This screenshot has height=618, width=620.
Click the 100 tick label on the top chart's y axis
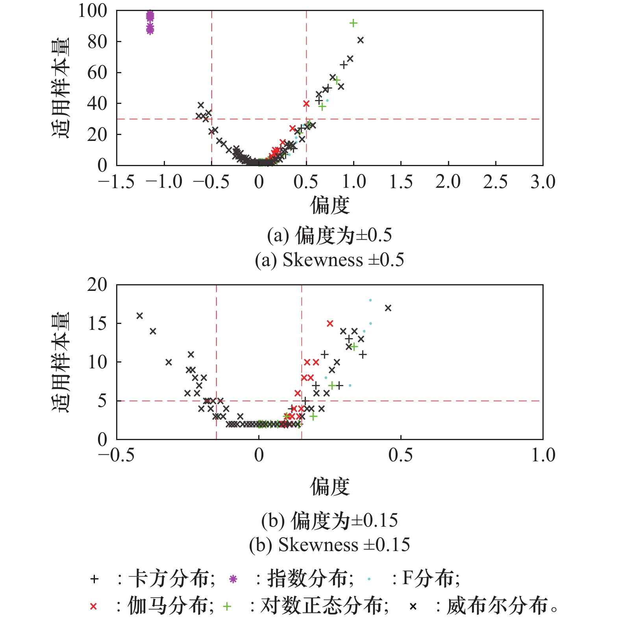pyautogui.click(x=93, y=11)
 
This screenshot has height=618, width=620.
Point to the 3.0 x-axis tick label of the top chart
pyautogui.click(x=542, y=182)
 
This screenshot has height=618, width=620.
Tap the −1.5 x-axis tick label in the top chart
pyautogui.click(x=116, y=182)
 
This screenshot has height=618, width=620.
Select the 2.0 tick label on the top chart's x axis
pyautogui.click(x=448, y=182)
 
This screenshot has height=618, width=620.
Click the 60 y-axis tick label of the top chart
pyautogui.click(x=97, y=72)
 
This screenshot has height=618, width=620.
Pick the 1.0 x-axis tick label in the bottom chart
pyautogui.click(x=543, y=455)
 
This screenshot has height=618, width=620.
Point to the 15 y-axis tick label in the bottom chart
pyautogui.click(x=97, y=323)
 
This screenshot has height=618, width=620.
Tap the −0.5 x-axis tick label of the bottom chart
pyautogui.click(x=116, y=455)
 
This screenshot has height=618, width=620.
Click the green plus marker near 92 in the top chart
pyautogui.click(x=353, y=23)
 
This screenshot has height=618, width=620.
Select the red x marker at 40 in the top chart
pyautogui.click(x=306, y=104)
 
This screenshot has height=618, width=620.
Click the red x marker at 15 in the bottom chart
pyautogui.click(x=330, y=324)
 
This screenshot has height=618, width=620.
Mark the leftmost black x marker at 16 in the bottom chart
pyautogui.click(x=139, y=316)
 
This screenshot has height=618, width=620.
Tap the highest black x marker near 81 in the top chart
pyautogui.click(x=360, y=40)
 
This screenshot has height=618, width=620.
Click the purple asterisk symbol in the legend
pyautogui.click(x=233, y=579)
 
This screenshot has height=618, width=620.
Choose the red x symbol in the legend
pyautogui.click(x=93, y=607)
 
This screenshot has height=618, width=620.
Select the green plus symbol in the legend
pyautogui.click(x=227, y=607)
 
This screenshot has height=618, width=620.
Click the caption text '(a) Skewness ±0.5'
pyautogui.click(x=329, y=260)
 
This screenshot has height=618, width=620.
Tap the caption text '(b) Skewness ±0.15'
pyautogui.click(x=329, y=545)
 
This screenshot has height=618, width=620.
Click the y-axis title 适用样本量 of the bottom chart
pyautogui.click(x=61, y=362)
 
